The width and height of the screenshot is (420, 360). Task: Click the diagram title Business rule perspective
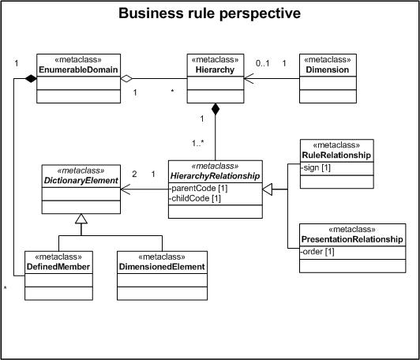click(x=209, y=13)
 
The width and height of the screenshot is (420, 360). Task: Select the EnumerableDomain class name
click(x=78, y=70)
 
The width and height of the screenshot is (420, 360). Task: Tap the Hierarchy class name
click(x=215, y=70)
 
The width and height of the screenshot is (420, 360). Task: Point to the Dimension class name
click(x=328, y=70)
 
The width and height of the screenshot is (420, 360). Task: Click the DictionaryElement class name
click(x=81, y=181)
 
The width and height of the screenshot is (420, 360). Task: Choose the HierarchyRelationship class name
click(x=215, y=176)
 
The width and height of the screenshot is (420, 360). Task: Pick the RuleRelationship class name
click(x=336, y=156)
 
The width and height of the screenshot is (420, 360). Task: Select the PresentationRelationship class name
click(x=352, y=239)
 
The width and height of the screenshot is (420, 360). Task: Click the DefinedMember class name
click(x=58, y=267)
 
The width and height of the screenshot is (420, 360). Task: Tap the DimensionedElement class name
click(x=162, y=267)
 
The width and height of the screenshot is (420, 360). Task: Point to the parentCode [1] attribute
click(x=198, y=189)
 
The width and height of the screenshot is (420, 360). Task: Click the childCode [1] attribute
click(x=195, y=198)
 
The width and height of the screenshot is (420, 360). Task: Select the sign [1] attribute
click(x=316, y=168)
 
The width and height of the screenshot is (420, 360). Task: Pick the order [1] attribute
click(x=317, y=252)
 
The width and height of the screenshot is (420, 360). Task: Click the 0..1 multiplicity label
click(x=262, y=63)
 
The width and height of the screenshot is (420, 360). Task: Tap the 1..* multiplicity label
click(x=198, y=144)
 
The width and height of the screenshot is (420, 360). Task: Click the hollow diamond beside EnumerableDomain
click(x=126, y=78)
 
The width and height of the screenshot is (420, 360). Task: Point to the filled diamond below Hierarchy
click(x=216, y=109)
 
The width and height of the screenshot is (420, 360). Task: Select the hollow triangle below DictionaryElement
click(x=81, y=219)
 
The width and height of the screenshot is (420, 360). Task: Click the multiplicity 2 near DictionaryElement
click(x=134, y=174)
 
